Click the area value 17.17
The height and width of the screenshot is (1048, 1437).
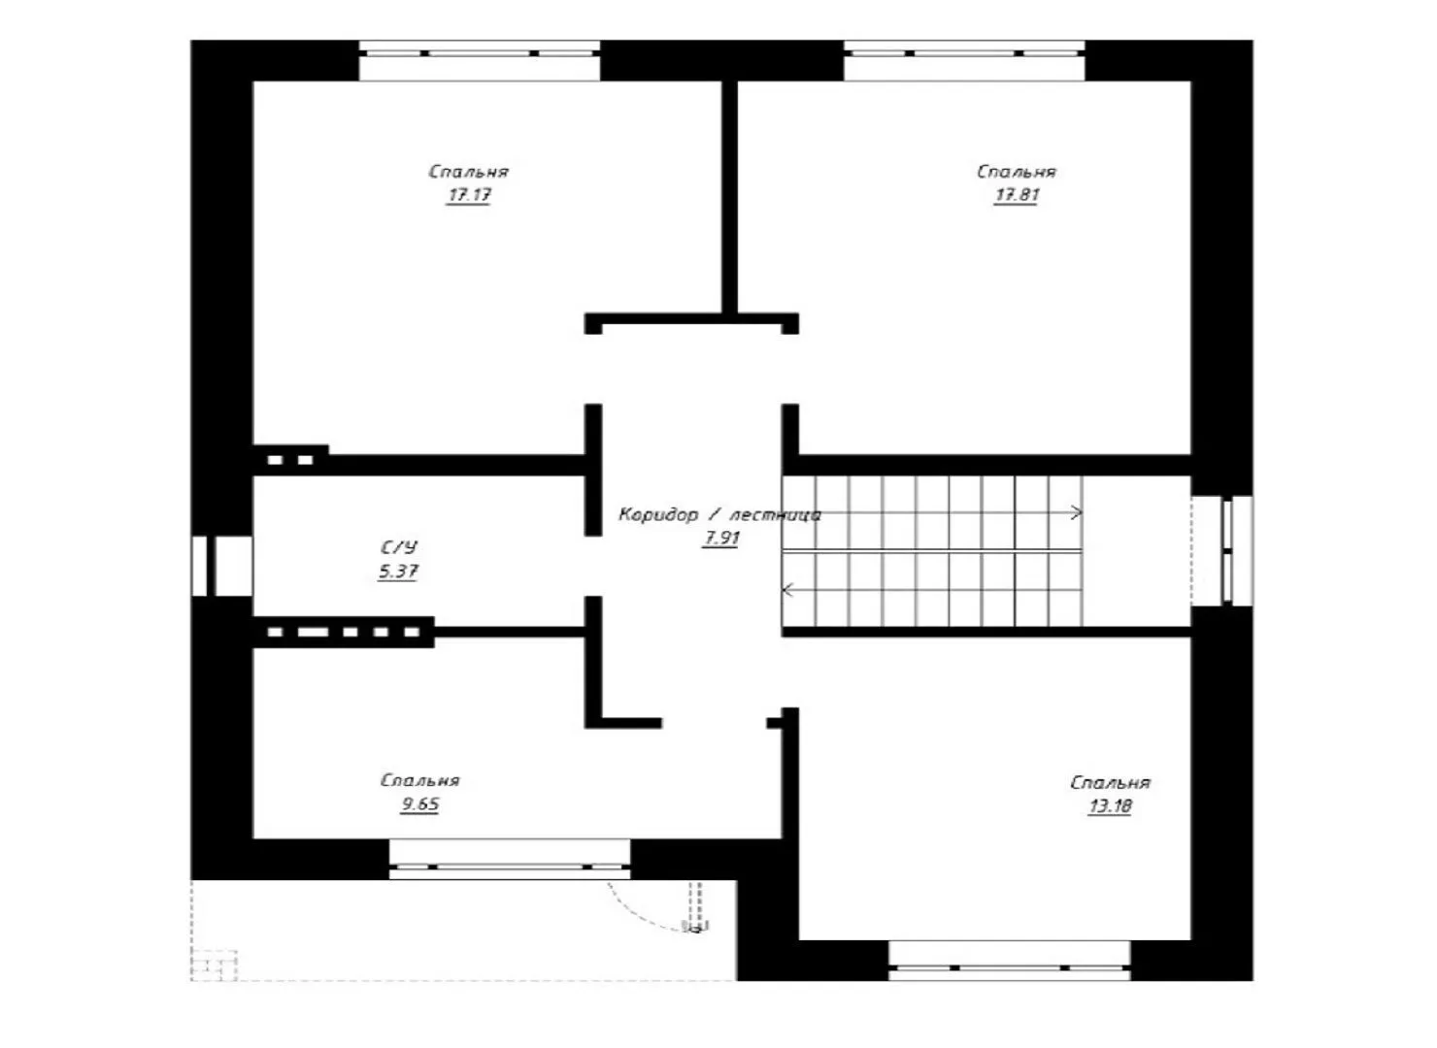click(469, 195)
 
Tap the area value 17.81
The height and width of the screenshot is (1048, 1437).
click(1017, 195)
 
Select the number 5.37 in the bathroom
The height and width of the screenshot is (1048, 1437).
click(398, 571)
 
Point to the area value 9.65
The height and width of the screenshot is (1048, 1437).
click(420, 803)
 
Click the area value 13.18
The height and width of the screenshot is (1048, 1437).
click(1111, 805)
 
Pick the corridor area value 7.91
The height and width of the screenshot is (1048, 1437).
click(721, 538)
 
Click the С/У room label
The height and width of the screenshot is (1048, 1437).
click(399, 546)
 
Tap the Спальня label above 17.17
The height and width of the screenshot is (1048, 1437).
click(469, 172)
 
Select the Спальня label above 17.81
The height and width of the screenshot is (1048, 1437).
click(1017, 172)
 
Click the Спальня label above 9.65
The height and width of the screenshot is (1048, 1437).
click(420, 780)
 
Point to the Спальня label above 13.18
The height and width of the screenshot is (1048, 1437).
click(1111, 782)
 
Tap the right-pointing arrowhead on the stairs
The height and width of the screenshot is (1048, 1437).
click(1077, 512)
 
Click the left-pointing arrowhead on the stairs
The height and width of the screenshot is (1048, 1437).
click(787, 590)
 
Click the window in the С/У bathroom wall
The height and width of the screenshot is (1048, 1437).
click(222, 566)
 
